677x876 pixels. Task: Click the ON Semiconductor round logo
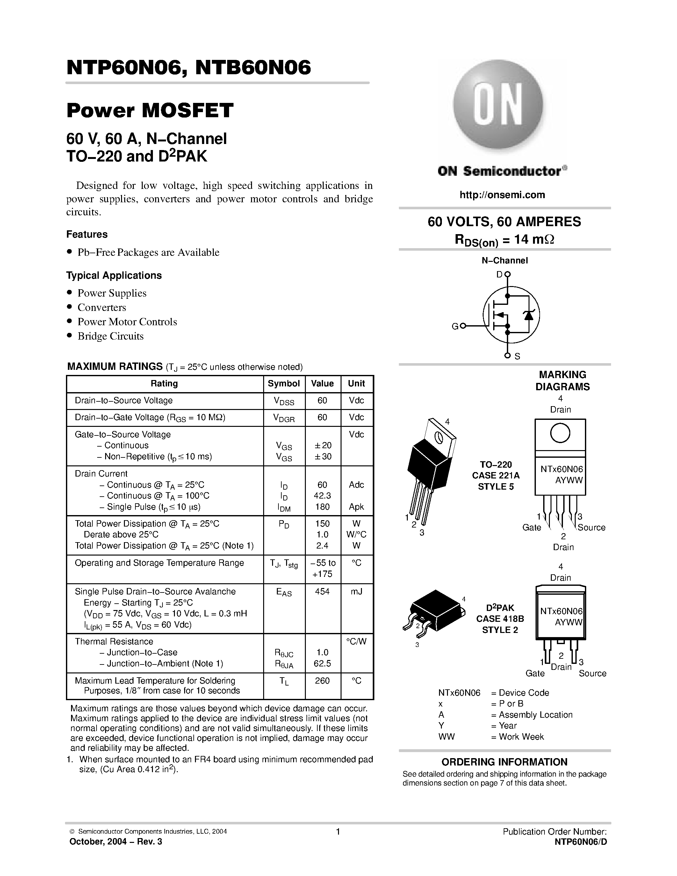click(x=498, y=105)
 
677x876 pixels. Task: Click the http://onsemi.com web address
click(x=502, y=195)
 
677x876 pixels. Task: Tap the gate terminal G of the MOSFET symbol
click(x=463, y=326)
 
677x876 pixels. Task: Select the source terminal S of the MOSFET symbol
click(x=507, y=355)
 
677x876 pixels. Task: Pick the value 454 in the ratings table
click(x=322, y=592)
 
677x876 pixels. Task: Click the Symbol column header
click(x=284, y=384)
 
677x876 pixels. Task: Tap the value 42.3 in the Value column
click(x=322, y=496)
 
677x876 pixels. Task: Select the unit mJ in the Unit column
click(x=356, y=592)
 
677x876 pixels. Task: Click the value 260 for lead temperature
click(x=322, y=681)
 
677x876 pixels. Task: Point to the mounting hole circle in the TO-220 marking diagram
click(x=560, y=433)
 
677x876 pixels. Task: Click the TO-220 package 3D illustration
click(x=430, y=469)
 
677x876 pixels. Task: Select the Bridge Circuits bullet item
click(x=110, y=336)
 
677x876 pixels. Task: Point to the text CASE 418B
click(x=500, y=619)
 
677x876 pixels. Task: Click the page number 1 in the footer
click(x=338, y=831)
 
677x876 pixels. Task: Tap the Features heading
click(x=87, y=234)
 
